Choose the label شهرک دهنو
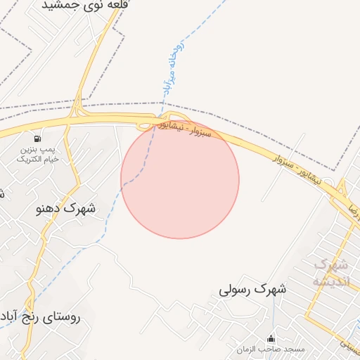(x=69, y=209)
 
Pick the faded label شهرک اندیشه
(x=330, y=273)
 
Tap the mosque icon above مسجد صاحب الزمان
(x=271, y=338)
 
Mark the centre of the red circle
(x=180, y=179)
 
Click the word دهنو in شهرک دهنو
(x=54, y=209)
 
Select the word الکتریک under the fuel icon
(x=28, y=160)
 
